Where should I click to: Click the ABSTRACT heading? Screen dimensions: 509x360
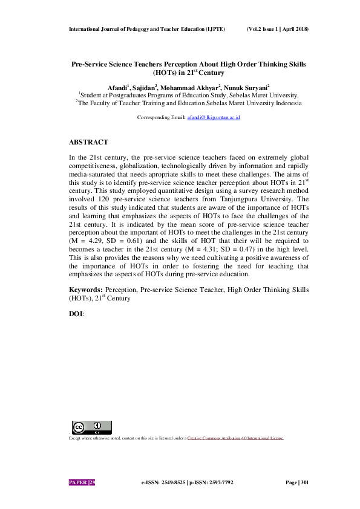[88, 142]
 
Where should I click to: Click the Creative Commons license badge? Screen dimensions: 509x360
[92, 427]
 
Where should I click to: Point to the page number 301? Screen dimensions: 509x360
[304, 482]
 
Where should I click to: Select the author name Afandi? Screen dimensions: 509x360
[119, 86]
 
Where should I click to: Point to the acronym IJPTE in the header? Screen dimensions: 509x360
[214, 29]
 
